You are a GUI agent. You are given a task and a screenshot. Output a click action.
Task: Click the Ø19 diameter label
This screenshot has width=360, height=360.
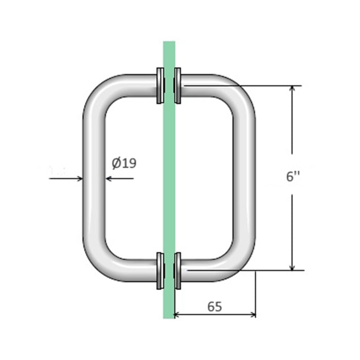pyautogui.click(x=124, y=163)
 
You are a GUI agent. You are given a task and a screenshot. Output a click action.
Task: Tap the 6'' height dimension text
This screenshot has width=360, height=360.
pyautogui.click(x=293, y=176)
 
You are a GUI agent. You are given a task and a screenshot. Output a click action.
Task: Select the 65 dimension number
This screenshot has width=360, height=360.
pyautogui.click(x=214, y=307)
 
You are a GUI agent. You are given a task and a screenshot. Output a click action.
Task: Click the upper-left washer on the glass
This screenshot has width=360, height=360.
pyautogui.click(x=160, y=86)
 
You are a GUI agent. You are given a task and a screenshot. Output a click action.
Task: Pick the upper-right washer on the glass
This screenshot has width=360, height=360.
pyautogui.click(x=177, y=85)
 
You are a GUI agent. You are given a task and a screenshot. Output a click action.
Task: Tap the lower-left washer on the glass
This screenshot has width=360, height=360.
pyautogui.click(x=160, y=271)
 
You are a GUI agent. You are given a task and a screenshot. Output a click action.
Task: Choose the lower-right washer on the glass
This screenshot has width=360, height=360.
pyautogui.click(x=177, y=271)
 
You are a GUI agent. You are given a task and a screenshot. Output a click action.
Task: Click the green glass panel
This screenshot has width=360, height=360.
pyautogui.click(x=169, y=180)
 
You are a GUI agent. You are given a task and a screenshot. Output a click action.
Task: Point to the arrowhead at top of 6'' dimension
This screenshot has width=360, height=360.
pyautogui.click(x=292, y=89)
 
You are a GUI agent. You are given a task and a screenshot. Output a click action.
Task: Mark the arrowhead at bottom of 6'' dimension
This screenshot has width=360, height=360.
pyautogui.click(x=292, y=267)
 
